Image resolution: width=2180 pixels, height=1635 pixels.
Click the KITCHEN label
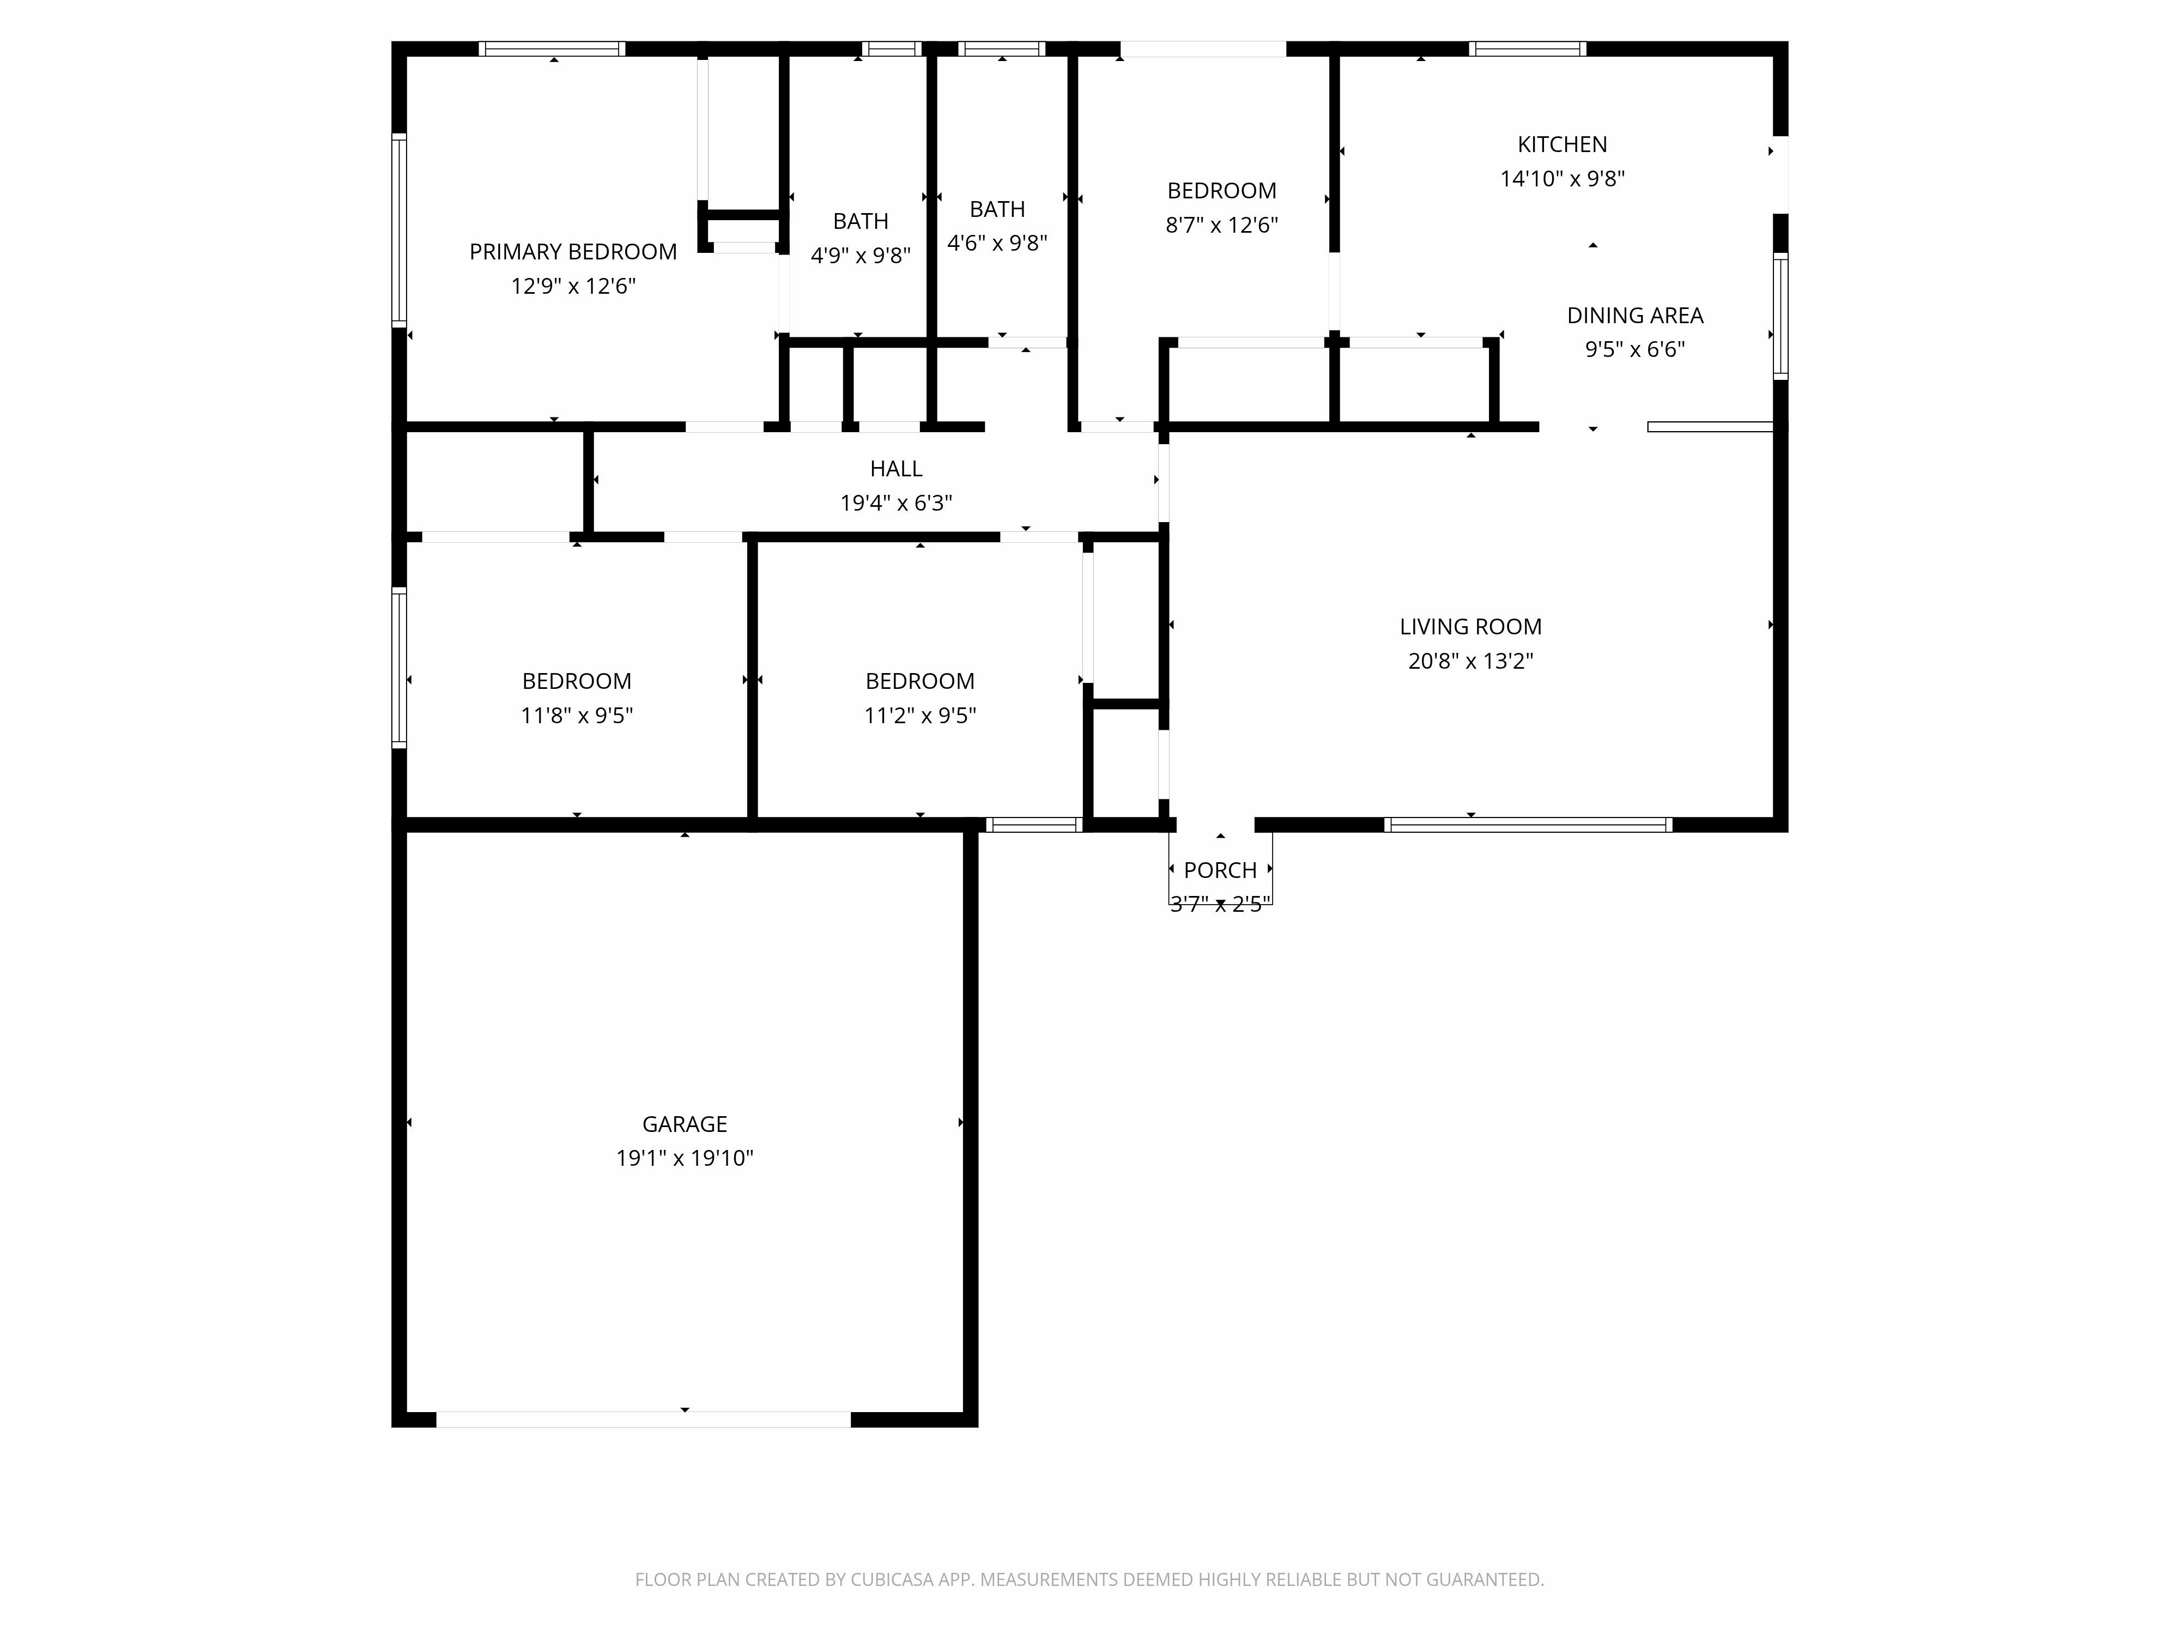click(1562, 144)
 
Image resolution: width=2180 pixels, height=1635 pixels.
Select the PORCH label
click(1220, 870)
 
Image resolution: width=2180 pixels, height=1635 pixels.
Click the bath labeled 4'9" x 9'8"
click(861, 255)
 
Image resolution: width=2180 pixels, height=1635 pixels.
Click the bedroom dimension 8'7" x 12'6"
click(1221, 225)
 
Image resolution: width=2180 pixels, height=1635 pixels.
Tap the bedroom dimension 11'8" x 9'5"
click(577, 716)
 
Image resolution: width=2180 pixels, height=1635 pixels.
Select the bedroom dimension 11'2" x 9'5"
click(919, 716)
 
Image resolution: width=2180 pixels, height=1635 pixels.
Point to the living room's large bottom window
click(1528, 825)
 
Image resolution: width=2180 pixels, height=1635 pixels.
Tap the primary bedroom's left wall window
click(399, 229)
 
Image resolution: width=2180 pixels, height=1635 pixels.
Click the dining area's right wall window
click(1780, 316)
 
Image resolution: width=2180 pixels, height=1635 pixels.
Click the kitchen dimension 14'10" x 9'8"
click(1562, 178)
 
